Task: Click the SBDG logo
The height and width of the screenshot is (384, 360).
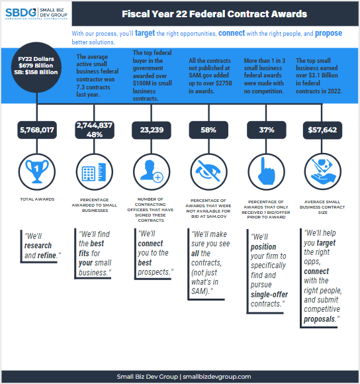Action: coord(36,13)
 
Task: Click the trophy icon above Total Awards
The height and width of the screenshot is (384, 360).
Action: coord(37,171)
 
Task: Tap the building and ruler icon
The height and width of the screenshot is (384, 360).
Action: coord(94,172)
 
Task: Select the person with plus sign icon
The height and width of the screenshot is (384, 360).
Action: coord(152,171)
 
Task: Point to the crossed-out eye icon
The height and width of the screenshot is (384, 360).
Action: coord(208,171)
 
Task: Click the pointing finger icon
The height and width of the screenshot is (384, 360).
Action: coord(266,171)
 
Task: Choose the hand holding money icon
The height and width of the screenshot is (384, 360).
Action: coord(322,171)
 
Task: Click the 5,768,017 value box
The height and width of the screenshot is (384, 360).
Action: coord(37,130)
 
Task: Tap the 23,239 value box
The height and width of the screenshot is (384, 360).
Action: coord(152,130)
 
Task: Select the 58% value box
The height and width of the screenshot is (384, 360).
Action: coord(208,130)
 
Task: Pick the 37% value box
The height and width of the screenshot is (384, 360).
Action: coord(267,130)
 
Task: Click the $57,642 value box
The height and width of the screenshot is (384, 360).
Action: coord(322,130)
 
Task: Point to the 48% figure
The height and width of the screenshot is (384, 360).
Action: coord(95,134)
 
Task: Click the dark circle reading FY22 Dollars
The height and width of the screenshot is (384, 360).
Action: coord(36,68)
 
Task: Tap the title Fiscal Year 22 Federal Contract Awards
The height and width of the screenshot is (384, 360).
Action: coord(214,14)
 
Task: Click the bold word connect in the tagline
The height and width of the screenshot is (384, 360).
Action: coord(232,33)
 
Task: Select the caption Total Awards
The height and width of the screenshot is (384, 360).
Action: coord(37,199)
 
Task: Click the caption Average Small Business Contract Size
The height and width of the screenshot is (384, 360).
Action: coord(322,207)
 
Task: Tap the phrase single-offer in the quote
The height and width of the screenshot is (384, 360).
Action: coord(269,295)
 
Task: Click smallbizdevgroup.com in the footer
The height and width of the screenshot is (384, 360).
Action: coord(217,377)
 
